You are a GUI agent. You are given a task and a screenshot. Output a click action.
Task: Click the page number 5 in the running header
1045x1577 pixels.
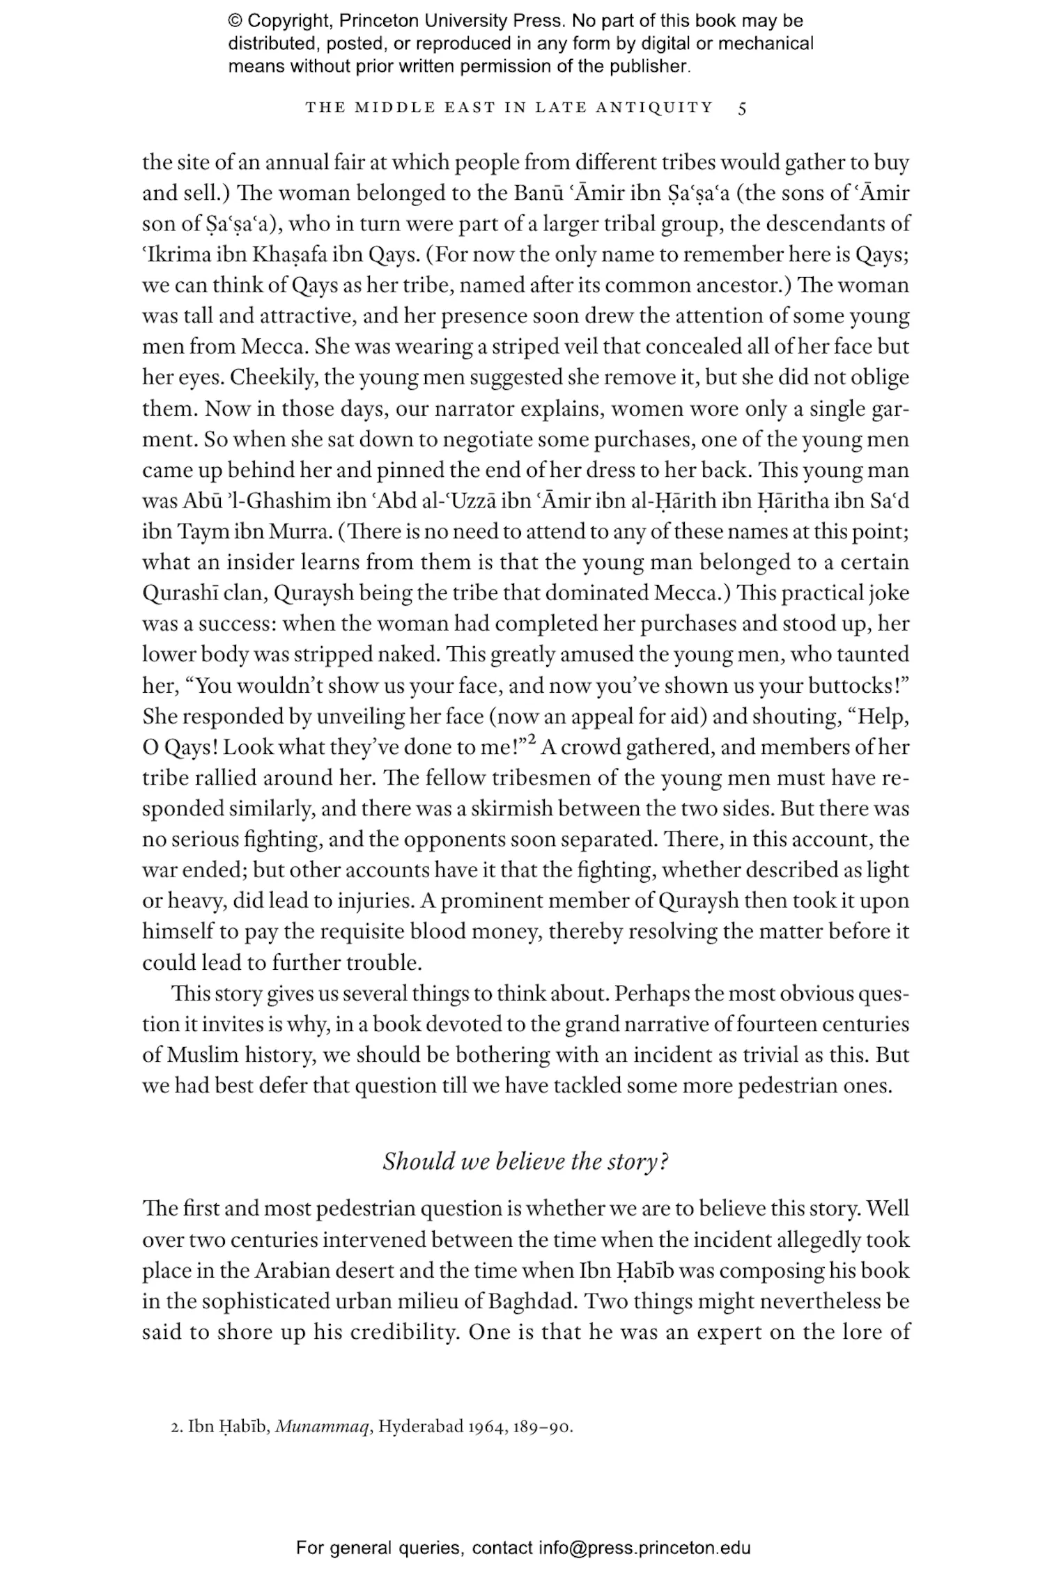742,108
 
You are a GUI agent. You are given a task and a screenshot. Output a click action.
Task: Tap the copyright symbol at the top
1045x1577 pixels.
235,22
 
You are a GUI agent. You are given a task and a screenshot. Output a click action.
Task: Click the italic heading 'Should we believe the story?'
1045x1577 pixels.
525,1161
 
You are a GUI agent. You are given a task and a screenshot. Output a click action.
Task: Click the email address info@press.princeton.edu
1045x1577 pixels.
644,1548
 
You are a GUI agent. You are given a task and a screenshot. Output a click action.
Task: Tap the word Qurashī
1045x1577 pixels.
180,594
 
